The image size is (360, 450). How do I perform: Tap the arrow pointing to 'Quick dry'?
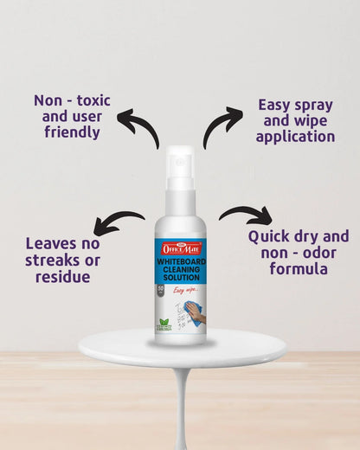pos(246,215)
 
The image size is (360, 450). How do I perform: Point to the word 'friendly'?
pos(73,133)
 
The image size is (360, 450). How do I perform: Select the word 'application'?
pos(295,137)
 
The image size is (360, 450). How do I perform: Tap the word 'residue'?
pos(62,277)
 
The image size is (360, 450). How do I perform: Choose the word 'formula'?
pos(298,269)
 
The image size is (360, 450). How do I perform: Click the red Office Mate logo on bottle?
pos(180,247)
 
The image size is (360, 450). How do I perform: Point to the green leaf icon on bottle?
pos(165,322)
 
